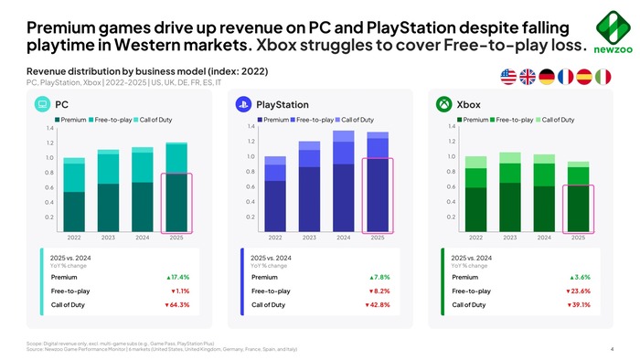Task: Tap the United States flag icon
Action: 509,78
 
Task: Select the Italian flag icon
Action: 603,78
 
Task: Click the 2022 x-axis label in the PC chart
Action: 74,237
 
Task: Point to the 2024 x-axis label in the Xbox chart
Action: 543,237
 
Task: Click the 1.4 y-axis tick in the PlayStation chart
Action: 250,126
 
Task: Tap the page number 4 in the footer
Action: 611,348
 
